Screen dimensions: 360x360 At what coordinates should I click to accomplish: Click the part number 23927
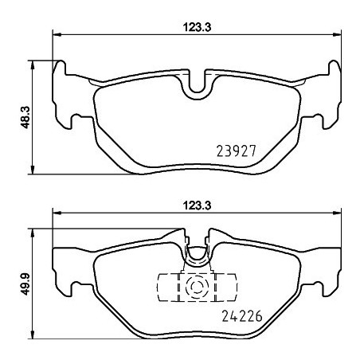(238, 149)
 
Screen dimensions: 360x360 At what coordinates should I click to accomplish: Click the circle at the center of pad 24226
(195, 287)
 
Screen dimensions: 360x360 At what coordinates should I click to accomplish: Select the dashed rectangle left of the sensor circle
(170, 287)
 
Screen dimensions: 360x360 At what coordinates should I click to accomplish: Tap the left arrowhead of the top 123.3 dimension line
(56, 34)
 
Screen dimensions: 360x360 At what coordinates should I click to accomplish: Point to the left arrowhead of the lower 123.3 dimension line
(56, 213)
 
